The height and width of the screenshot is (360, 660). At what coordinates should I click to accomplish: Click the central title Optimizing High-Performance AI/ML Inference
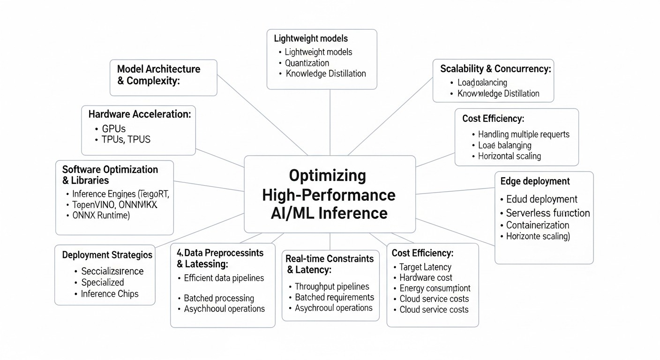[330, 195]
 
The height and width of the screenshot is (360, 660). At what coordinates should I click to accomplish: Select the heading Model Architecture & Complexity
[158, 75]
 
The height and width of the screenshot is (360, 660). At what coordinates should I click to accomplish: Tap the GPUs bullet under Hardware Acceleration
[113, 128]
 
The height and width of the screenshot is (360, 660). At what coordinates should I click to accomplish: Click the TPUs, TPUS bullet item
[126, 139]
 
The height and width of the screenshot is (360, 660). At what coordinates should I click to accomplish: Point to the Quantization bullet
[307, 63]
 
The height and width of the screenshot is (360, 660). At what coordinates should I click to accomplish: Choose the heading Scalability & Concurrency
[495, 69]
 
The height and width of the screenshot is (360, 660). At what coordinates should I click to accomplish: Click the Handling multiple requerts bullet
[524, 134]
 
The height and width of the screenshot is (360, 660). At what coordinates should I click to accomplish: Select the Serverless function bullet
[547, 213]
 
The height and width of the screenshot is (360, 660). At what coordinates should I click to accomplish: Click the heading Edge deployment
[535, 181]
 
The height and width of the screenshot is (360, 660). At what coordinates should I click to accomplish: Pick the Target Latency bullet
[425, 267]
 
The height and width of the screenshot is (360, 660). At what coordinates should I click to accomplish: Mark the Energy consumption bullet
[435, 288]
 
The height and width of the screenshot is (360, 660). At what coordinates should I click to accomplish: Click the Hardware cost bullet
[426, 277]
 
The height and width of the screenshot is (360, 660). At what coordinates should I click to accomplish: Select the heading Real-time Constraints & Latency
[330, 264]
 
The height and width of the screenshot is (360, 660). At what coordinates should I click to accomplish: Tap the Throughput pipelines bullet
[332, 286]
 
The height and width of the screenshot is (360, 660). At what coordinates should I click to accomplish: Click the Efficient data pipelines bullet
[224, 278]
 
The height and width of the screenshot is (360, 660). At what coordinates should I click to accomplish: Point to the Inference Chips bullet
[110, 294]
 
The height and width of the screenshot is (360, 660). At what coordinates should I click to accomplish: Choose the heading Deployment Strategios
[107, 255]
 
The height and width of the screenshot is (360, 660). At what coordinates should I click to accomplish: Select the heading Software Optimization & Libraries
[110, 175]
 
